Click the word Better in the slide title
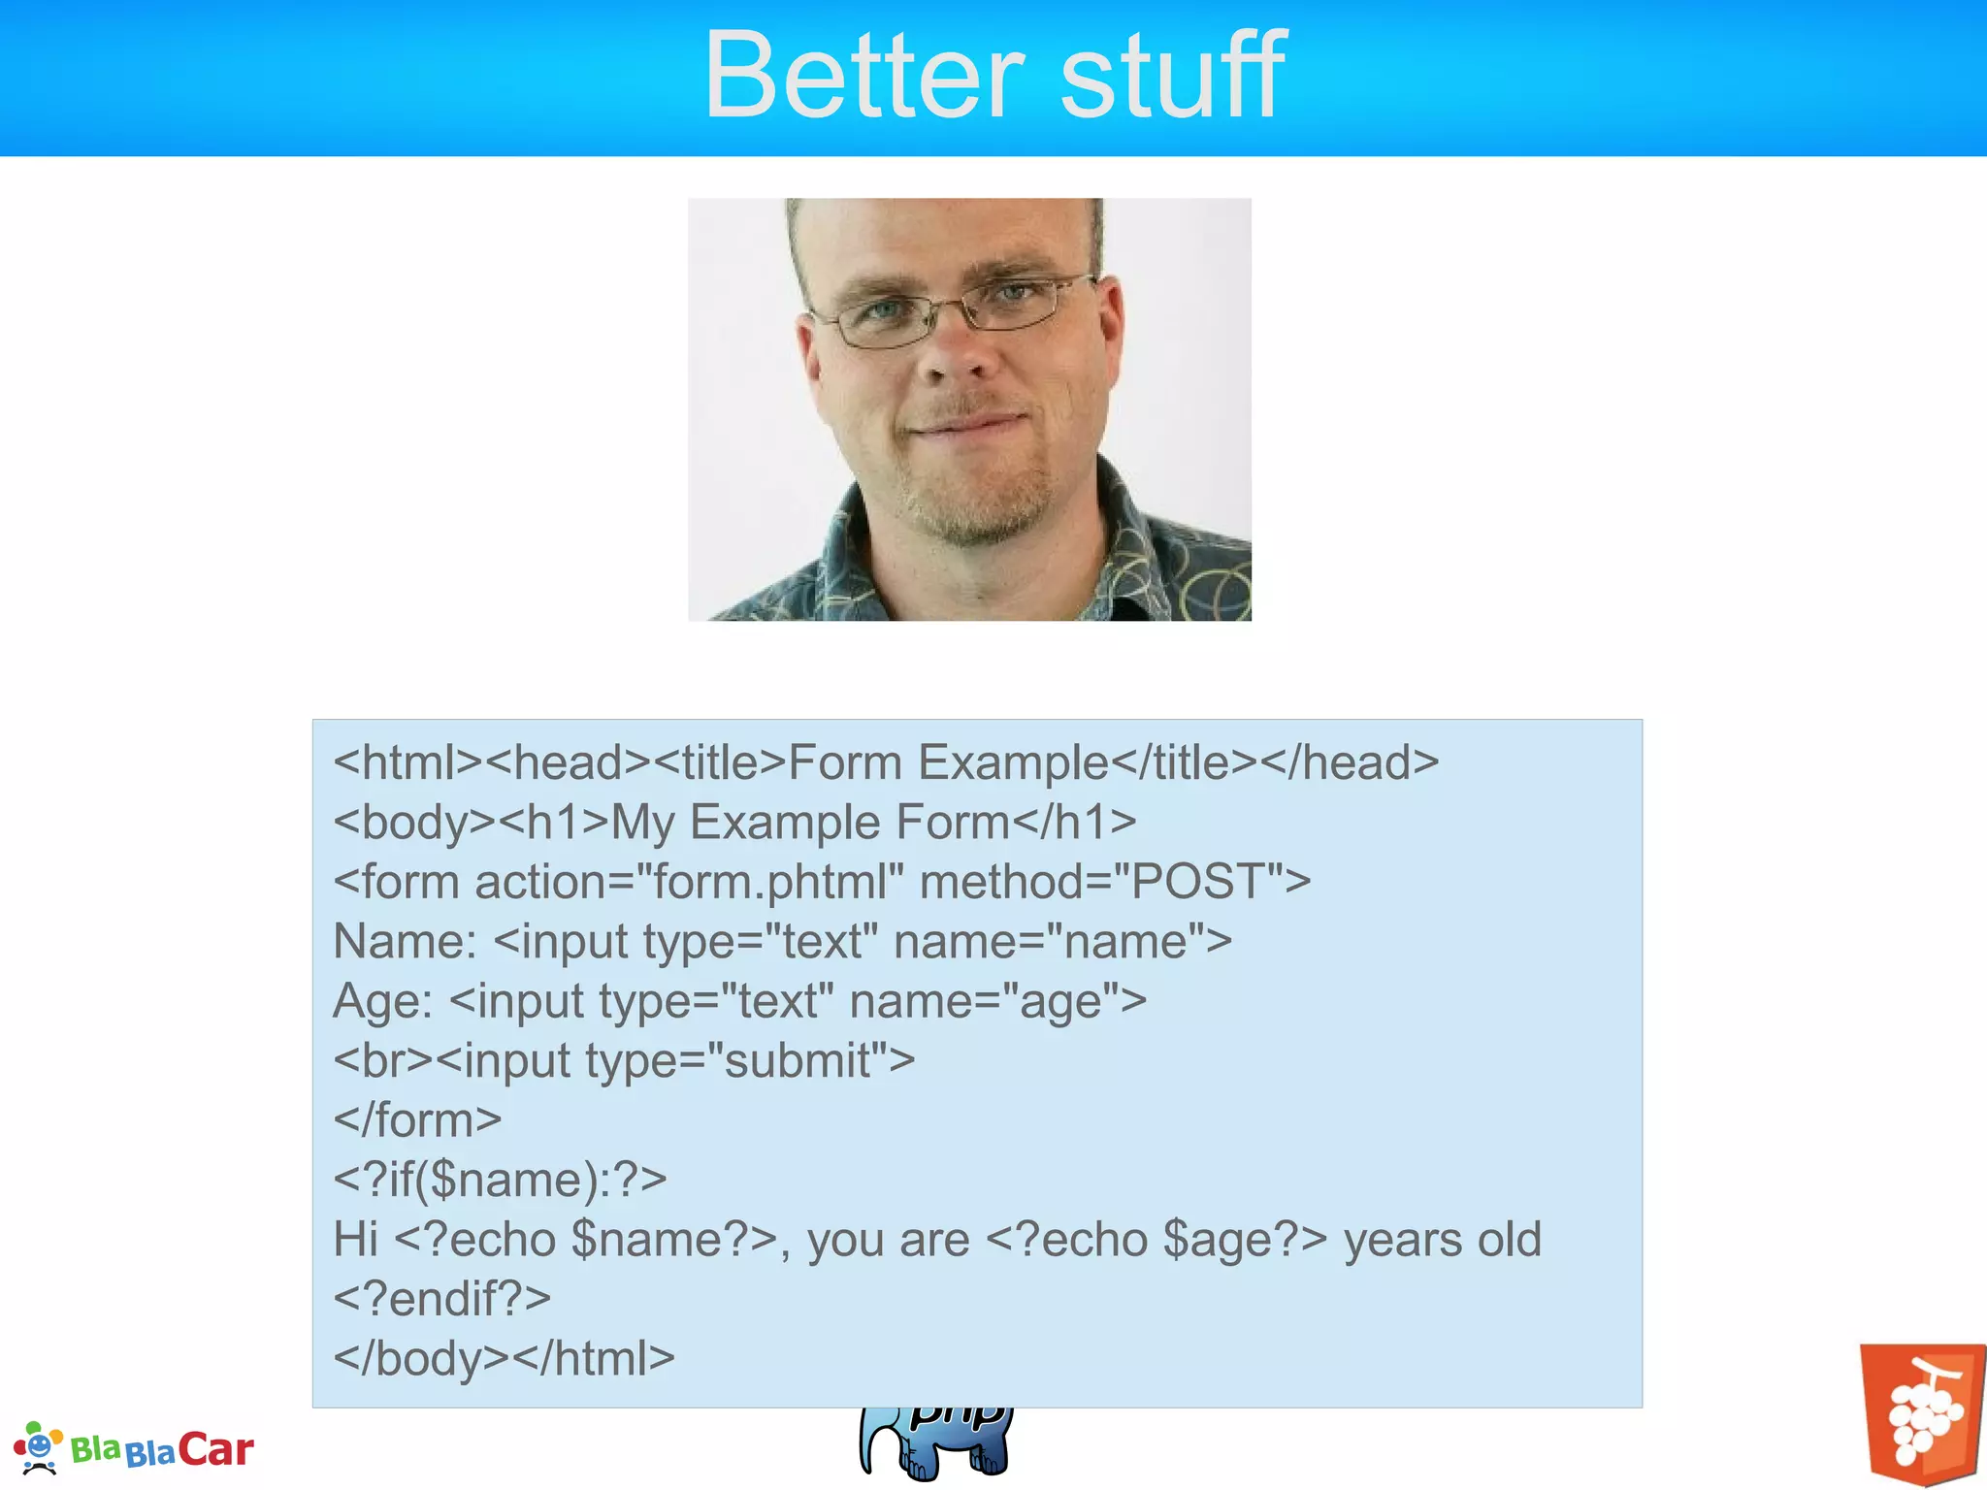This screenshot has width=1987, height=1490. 863,76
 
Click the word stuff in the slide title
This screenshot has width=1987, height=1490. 1174,76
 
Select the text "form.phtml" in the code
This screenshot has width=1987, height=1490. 771,882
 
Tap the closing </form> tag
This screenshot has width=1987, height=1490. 417,1120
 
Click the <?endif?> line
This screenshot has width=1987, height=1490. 441,1299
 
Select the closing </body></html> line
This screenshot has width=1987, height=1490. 504,1358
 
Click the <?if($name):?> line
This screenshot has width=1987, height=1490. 500,1180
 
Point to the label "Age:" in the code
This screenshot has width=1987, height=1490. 382,1001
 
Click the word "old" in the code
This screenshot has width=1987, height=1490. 1509,1240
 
